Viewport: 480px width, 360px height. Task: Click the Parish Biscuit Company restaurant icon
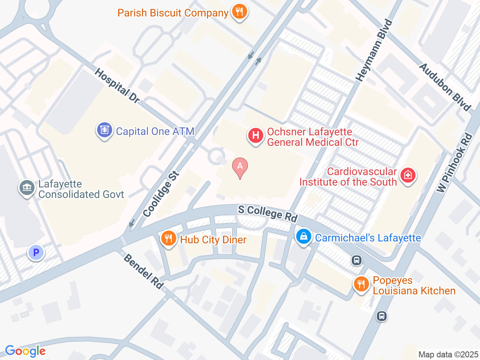tap(239, 12)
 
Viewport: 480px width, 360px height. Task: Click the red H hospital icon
tap(256, 136)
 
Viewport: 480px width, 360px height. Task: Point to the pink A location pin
tap(240, 167)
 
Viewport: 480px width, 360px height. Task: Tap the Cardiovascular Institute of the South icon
tap(408, 175)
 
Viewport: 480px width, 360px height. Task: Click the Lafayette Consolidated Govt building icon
tap(27, 187)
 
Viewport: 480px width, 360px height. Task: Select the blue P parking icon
tap(36, 253)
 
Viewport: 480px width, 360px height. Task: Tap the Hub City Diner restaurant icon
tap(169, 238)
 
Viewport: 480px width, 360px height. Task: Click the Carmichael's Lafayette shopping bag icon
tap(304, 237)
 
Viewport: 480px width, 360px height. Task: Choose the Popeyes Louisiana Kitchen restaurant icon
tap(361, 284)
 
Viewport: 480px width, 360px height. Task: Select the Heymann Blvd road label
tap(374, 51)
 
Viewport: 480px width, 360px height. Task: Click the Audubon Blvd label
tap(445, 87)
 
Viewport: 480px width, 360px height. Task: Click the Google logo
tap(25, 351)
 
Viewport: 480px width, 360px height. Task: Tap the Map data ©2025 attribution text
tap(448, 354)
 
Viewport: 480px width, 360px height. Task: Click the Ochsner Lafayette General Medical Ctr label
tap(312, 137)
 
